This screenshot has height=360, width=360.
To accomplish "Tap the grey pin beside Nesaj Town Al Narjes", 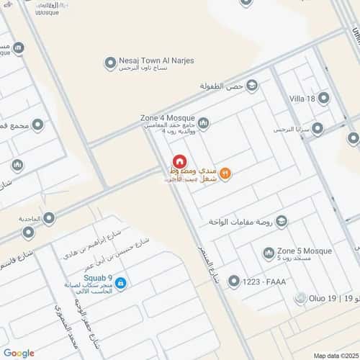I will [109, 65].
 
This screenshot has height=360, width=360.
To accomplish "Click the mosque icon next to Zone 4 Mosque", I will [203, 124].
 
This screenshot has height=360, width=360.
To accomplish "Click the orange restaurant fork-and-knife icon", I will [224, 172].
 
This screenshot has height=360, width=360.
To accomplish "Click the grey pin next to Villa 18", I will [324, 98].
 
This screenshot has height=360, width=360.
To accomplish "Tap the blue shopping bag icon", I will [121, 284].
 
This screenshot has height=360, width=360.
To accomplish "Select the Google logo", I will [19, 353].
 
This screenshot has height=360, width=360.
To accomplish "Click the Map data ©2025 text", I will [333, 355].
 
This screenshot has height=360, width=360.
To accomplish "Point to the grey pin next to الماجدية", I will [27, 232].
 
